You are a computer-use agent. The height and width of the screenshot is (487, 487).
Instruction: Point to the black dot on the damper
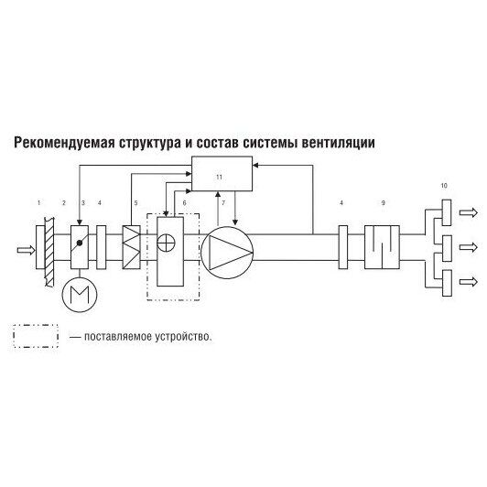[x=80, y=243]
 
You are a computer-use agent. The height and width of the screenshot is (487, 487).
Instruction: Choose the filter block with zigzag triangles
[x=132, y=247]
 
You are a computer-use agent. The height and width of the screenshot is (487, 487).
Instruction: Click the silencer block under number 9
[x=382, y=247]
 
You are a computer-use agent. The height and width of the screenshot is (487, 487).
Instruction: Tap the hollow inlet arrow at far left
[x=26, y=250]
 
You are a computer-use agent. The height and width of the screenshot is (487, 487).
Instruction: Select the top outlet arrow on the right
[x=469, y=212]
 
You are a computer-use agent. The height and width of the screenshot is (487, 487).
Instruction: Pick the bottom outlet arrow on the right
[x=469, y=282]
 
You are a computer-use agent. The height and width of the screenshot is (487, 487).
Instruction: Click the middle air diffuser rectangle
[x=447, y=248]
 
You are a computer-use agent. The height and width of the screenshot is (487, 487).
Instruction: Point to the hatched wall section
[x=49, y=252]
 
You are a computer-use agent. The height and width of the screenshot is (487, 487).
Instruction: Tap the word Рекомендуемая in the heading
[x=64, y=144]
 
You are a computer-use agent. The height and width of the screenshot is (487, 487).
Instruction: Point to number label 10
[x=444, y=186]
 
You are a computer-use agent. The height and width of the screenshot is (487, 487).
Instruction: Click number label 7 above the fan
[x=223, y=203]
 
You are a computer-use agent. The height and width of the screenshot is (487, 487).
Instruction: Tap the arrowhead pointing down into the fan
[x=235, y=222]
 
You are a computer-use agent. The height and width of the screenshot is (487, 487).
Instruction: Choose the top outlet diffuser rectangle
[x=447, y=212]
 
